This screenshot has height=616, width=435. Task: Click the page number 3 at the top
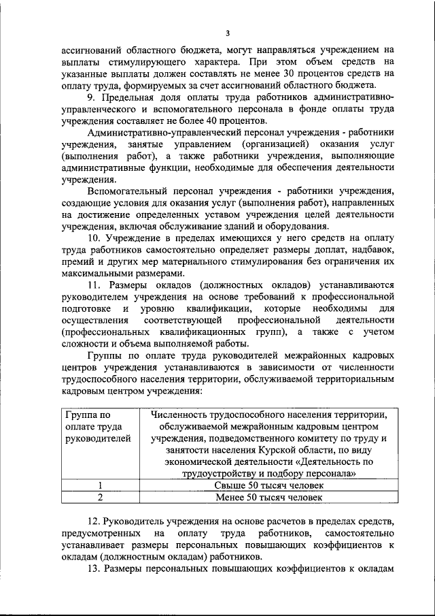click(x=228, y=33)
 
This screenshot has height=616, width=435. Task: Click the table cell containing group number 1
click(x=100, y=485)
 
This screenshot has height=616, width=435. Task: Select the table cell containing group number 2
click(x=100, y=497)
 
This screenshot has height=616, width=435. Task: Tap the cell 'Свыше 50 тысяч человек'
click(x=268, y=485)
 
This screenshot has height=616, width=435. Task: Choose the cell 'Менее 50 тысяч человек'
click(x=268, y=497)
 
